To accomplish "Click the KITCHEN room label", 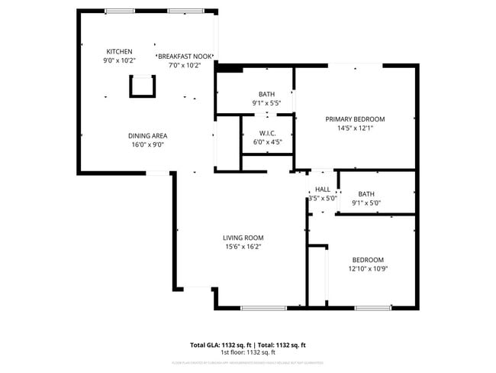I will (x=119, y=51).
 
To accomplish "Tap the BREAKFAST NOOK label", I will (x=184, y=57).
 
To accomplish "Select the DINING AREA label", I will (x=147, y=135).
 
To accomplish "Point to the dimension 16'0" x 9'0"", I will (x=147, y=144).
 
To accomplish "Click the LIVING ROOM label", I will (x=243, y=238).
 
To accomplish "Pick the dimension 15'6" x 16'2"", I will (x=243, y=247).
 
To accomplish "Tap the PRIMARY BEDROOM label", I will (x=355, y=119).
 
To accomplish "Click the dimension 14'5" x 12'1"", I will (x=355, y=128).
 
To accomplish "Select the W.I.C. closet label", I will (x=266, y=133).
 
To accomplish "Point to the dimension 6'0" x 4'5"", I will (x=266, y=141).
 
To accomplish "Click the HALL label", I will (x=323, y=189).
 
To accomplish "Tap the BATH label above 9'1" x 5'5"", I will (x=266, y=94).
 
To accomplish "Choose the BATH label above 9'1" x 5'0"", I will (x=366, y=194).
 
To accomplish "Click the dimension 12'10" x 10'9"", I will (x=368, y=268).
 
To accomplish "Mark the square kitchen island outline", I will (x=142, y=86).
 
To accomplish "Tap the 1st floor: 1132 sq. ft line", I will (x=248, y=352).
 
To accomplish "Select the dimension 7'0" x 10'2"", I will (x=184, y=66).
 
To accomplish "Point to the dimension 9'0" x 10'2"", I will (x=119, y=60).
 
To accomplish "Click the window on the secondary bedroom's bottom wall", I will (x=373, y=307).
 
